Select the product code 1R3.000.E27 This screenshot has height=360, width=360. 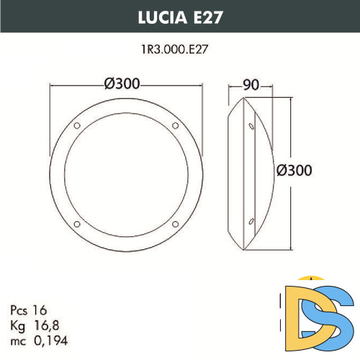point(179,50)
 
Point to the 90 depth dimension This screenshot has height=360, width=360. point(251,84)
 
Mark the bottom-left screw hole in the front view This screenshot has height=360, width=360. point(77,222)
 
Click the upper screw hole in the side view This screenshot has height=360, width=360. point(251,127)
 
